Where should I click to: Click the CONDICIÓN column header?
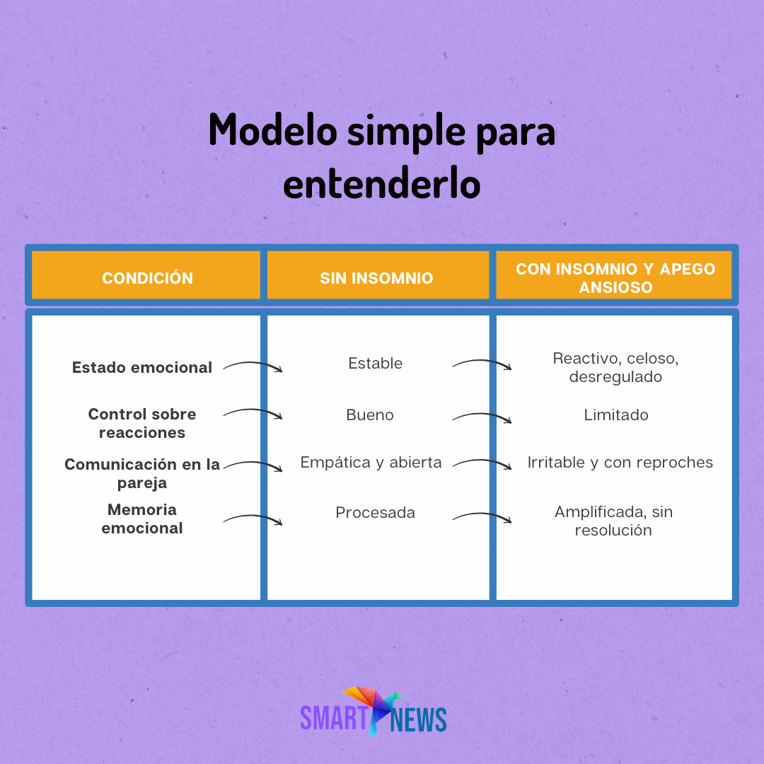pyautogui.click(x=147, y=278)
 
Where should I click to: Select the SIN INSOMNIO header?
pyautogui.click(x=376, y=278)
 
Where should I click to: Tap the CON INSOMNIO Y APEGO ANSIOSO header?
pyautogui.click(x=615, y=278)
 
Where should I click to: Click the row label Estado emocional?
pyautogui.click(x=142, y=367)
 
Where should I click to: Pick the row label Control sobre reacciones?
pyautogui.click(x=142, y=423)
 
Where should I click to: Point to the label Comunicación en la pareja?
pyautogui.click(x=142, y=473)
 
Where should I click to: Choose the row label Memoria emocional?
pyautogui.click(x=142, y=519)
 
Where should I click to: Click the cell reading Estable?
pyautogui.click(x=375, y=363)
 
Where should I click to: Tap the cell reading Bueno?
pyautogui.click(x=370, y=415)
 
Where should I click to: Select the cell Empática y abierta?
pyautogui.click(x=371, y=462)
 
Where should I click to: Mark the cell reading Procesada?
pyautogui.click(x=375, y=512)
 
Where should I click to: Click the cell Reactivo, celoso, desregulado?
pyautogui.click(x=615, y=367)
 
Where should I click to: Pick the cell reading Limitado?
pyautogui.click(x=615, y=415)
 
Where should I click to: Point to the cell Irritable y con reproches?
pyautogui.click(x=620, y=462)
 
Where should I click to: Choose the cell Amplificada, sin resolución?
pyautogui.click(x=613, y=521)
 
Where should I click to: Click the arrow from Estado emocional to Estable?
pyautogui.click(x=253, y=366)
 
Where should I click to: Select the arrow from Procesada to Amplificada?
pyautogui.click(x=482, y=518)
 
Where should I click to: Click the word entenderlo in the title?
pyautogui.click(x=381, y=183)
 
